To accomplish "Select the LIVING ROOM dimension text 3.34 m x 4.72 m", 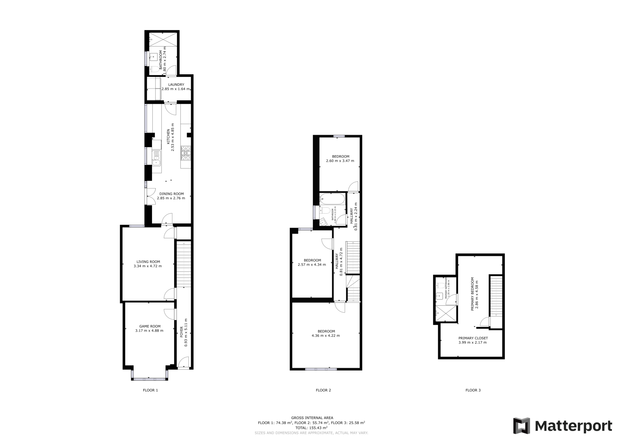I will tap(148, 266).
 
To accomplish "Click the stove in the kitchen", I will tap(186, 153).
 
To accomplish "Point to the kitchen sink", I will tap(156, 158).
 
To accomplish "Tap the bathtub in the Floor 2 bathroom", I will tap(332, 199).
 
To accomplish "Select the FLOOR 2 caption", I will tap(323, 390).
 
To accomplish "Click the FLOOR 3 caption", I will tap(473, 390).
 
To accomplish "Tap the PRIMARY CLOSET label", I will tap(473, 338).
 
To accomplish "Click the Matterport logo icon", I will tap(521, 425).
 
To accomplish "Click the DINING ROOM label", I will tap(171, 194).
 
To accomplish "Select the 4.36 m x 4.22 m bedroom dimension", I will tap(326, 336).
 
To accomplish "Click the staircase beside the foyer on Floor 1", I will tap(184, 264).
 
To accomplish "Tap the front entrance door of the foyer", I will tap(183, 363).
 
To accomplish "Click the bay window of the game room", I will tap(149, 379).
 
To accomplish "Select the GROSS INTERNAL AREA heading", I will tap(312, 418).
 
